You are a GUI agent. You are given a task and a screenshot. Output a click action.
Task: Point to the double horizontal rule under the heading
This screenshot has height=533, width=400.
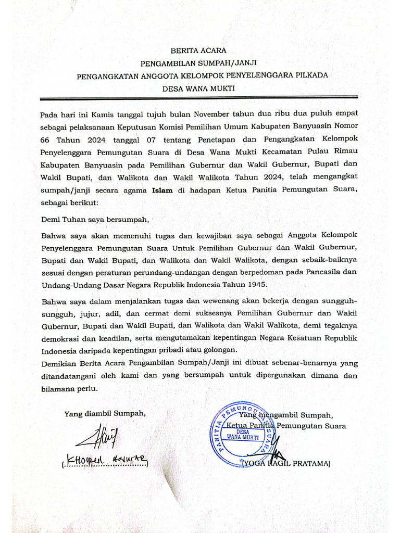click(200, 99)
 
